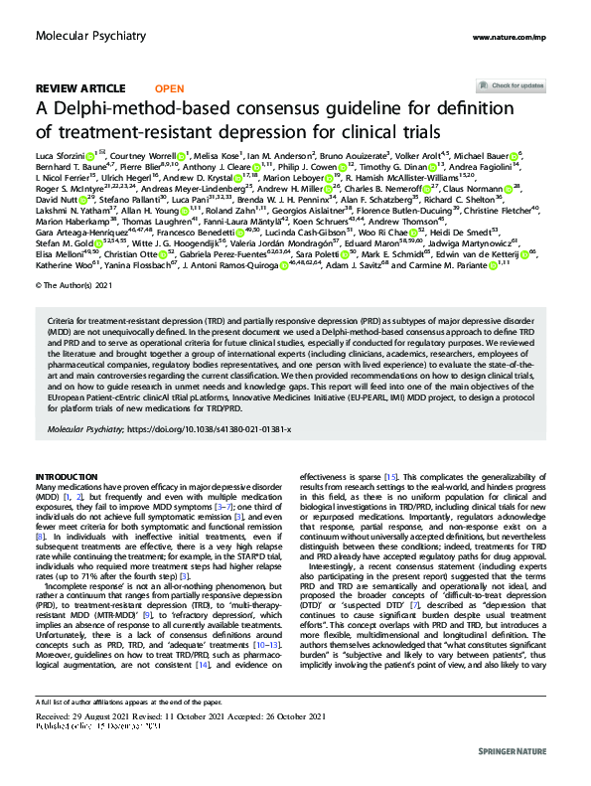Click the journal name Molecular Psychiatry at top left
click(80, 35)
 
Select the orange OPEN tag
click(170, 88)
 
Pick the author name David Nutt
click(54, 200)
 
